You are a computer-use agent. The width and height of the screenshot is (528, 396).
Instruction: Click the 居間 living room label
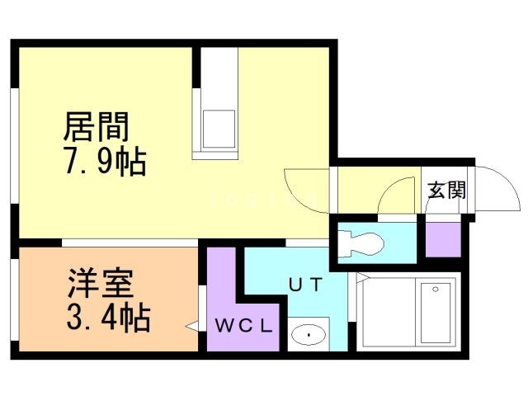coord(97,127)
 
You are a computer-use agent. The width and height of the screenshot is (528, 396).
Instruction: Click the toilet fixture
coord(361,242)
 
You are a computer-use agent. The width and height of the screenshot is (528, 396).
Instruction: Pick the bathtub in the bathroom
coord(435,313)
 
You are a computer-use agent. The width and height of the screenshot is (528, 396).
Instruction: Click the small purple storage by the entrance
coord(441,238)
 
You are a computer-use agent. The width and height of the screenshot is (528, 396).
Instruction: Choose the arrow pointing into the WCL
coord(192,327)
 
